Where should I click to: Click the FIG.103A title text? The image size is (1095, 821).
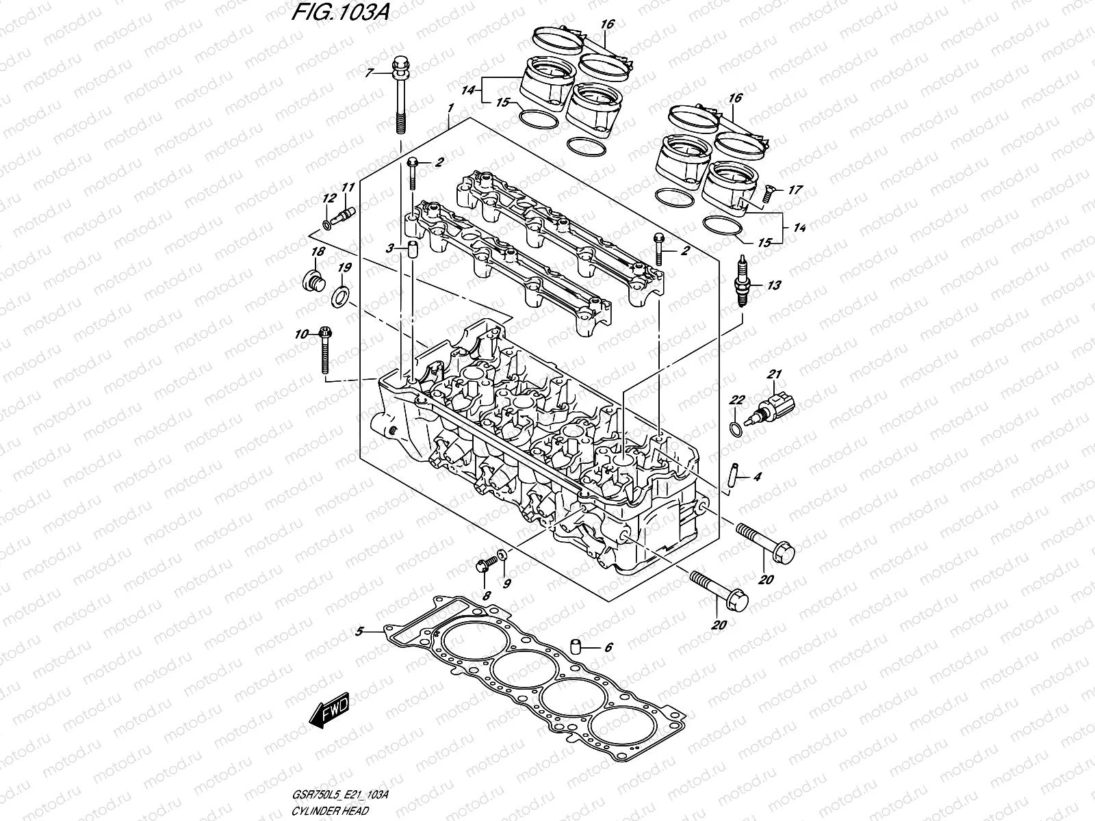click(x=336, y=14)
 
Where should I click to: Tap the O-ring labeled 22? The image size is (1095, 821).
click(x=734, y=430)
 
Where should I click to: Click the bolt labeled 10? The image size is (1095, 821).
click(x=323, y=352)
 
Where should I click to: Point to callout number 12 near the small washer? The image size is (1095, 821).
click(x=330, y=198)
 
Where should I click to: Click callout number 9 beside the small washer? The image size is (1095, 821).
click(x=507, y=584)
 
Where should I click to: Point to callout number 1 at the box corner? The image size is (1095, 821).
click(x=451, y=109)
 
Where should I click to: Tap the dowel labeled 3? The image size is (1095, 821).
click(x=413, y=249)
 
